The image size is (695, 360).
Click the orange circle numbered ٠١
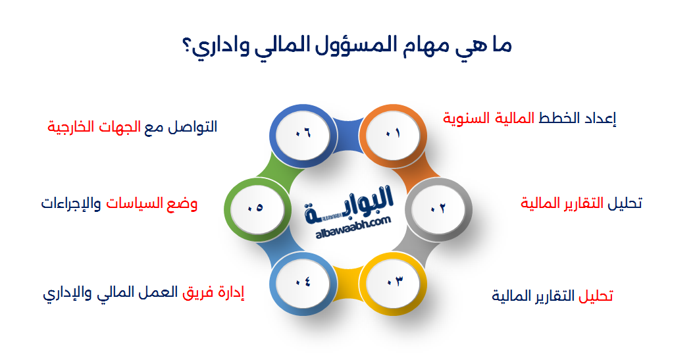[392, 134]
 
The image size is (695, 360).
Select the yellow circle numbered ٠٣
[394, 282]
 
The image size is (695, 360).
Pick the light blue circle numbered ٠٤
[302, 282]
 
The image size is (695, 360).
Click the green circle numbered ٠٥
[255, 208]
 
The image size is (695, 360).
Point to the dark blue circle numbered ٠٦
[302, 134]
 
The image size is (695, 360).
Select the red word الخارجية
[72, 126]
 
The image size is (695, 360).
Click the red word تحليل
[596, 296]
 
